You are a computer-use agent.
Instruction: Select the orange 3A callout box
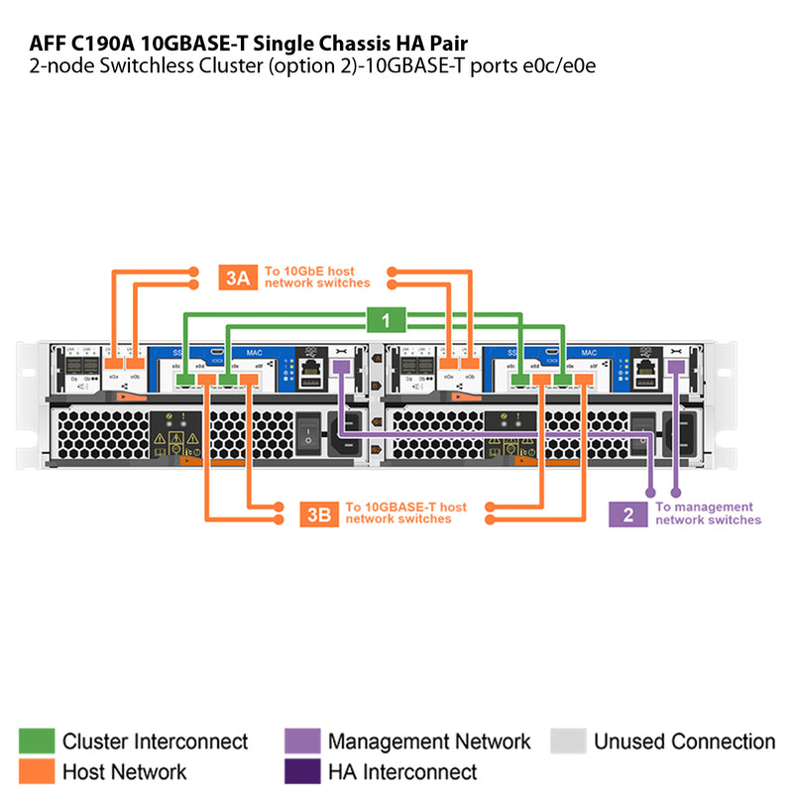click(x=238, y=277)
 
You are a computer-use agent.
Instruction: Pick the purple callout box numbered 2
click(x=627, y=514)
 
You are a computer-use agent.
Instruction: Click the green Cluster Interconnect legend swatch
click(x=37, y=741)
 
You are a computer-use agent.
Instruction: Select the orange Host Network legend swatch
click(x=37, y=771)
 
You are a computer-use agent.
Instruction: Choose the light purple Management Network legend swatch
click(x=302, y=741)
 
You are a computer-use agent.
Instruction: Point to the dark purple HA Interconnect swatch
click(x=302, y=771)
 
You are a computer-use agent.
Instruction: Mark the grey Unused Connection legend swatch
click(x=568, y=741)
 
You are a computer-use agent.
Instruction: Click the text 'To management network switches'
click(x=707, y=513)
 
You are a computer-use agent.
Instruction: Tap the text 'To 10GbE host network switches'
click(x=316, y=277)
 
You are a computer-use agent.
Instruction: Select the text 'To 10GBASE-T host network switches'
click(x=405, y=513)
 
